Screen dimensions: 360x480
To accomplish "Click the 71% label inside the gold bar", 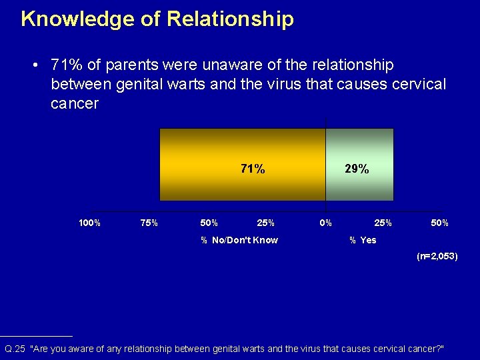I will point(252,169).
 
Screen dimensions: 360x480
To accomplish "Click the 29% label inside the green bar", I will point(357,169).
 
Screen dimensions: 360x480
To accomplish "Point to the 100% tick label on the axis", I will point(89,223).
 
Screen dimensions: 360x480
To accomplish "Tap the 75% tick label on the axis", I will point(149,223).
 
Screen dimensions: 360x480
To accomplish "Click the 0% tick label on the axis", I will point(325,223).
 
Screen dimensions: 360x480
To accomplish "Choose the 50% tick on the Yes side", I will point(439,223).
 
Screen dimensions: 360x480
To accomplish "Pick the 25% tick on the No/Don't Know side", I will point(265,223).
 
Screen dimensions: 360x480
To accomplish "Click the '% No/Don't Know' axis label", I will point(239,240).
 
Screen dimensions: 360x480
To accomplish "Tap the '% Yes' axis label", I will point(363,240).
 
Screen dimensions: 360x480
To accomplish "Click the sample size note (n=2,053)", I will point(437,256).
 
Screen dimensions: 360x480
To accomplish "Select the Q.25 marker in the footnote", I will point(15,349).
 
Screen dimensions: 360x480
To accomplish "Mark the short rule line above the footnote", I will point(36,337).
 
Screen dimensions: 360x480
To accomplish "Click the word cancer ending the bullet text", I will point(74,104).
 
